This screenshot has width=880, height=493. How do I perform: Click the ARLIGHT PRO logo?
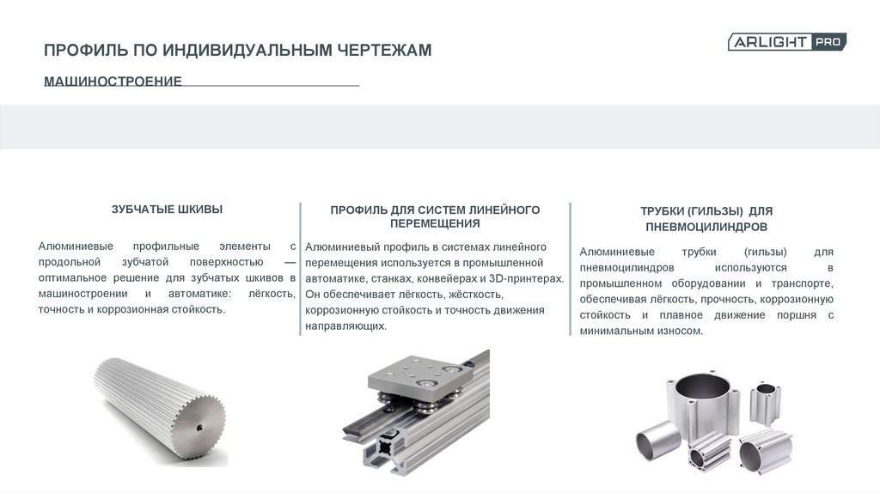pyautogui.click(x=787, y=42)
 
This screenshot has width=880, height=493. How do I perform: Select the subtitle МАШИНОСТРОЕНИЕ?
pyautogui.click(x=113, y=82)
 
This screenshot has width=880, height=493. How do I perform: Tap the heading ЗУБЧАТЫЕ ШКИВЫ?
pyautogui.click(x=167, y=210)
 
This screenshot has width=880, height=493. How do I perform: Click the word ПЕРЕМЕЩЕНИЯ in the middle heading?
pyautogui.click(x=435, y=223)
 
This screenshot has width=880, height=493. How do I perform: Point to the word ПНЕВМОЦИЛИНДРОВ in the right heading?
pyautogui.click(x=706, y=227)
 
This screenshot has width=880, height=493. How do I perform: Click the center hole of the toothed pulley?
pyautogui.click(x=199, y=428)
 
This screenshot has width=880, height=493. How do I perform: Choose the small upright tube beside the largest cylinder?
pyautogui.click(x=765, y=404)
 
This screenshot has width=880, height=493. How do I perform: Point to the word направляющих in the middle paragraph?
pyautogui.click(x=345, y=326)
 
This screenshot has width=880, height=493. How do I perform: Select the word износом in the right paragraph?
pyautogui.click(x=681, y=331)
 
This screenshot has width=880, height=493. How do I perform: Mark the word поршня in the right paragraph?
pyautogui.click(x=797, y=315)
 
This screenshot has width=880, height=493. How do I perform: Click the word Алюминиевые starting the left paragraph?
pyautogui.click(x=76, y=246)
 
